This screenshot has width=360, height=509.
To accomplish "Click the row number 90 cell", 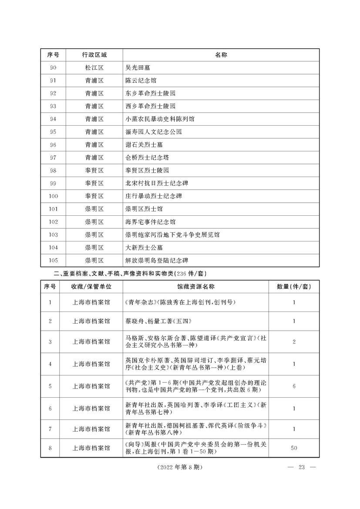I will pyautogui.click(x=54, y=67).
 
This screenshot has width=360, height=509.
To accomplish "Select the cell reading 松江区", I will pyautogui.click(x=94, y=67).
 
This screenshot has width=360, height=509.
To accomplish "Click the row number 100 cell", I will pyautogui.click(x=54, y=196).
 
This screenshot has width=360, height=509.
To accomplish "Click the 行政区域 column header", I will pyautogui.click(x=94, y=55).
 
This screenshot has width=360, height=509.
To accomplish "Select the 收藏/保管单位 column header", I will pyautogui.click(x=91, y=287).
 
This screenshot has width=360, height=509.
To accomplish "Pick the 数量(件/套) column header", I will pyautogui.click(x=294, y=287).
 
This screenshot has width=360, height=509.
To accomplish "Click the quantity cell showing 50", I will pyautogui.click(x=294, y=448).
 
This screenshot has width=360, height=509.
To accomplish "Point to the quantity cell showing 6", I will pyautogui.click(x=294, y=386).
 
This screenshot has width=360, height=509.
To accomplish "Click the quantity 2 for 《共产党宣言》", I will pyautogui.click(x=294, y=342).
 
